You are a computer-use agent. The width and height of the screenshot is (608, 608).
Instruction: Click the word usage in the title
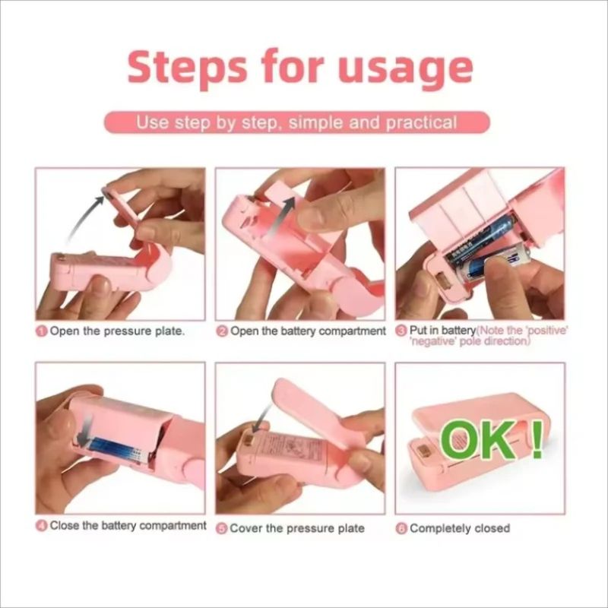tap(405, 68)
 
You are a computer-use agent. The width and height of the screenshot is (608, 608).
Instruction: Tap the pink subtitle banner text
tap(296, 122)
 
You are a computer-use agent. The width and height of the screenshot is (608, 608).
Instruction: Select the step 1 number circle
tap(43, 331)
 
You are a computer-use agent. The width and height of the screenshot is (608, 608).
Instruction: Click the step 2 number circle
tap(222, 331)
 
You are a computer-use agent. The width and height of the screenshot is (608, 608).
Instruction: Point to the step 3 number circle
tap(402, 331)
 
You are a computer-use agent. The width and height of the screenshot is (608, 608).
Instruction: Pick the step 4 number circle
tap(42, 526)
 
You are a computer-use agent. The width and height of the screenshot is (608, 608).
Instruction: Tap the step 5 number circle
tap(221, 528)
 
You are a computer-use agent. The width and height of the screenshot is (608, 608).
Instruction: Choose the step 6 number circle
tap(401, 528)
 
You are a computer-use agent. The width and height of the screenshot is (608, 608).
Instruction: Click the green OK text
tap(480, 441)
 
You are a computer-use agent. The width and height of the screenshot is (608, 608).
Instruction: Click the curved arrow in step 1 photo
tap(81, 218)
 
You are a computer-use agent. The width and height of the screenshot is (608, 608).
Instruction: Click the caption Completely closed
tap(460, 528)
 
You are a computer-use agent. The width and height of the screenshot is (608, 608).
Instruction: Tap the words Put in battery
tap(442, 331)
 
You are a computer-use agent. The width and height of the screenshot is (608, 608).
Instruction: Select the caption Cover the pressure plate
tap(297, 528)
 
